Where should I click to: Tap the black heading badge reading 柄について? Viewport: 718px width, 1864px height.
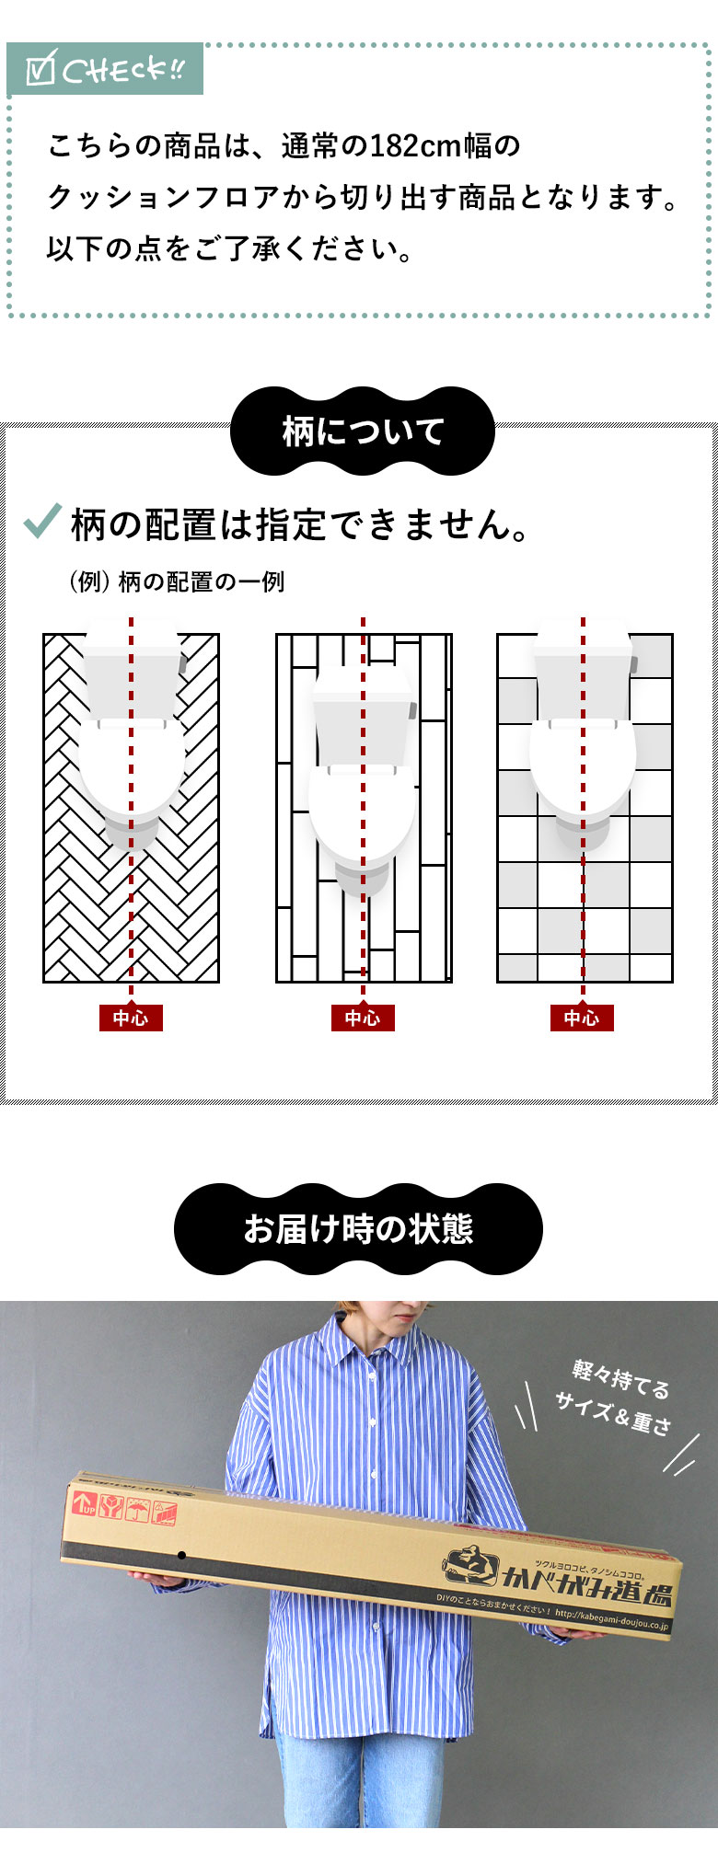pyautogui.click(x=363, y=431)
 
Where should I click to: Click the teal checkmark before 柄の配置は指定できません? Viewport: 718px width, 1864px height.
pyautogui.click(x=42, y=521)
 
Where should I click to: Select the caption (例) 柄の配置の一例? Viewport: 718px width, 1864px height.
pyautogui.click(x=177, y=581)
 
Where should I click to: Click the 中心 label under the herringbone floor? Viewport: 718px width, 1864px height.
pyautogui.click(x=131, y=1018)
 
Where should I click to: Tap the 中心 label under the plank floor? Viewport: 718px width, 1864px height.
pyautogui.click(x=363, y=1018)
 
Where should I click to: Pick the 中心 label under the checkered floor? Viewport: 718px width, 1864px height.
pyautogui.click(x=582, y=1018)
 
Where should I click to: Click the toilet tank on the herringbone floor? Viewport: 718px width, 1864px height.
pyautogui.click(x=134, y=668)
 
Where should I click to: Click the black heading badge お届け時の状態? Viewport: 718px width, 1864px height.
pyautogui.click(x=358, y=1229)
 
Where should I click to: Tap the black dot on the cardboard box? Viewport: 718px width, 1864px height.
pyautogui.click(x=182, y=1555)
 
